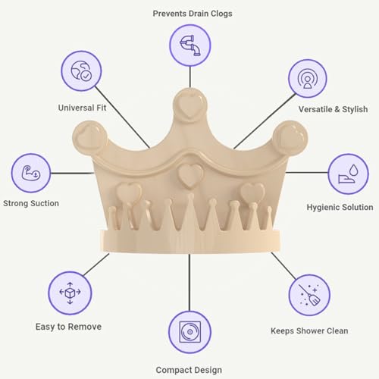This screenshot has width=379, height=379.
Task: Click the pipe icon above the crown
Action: (190, 45)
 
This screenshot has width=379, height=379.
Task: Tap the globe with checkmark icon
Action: (81, 70)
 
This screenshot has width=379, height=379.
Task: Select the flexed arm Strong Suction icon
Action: (31, 173)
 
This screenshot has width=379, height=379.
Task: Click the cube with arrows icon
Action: (70, 293)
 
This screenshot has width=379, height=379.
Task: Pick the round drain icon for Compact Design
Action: (189, 332)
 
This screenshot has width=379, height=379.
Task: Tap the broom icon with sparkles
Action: (309, 295)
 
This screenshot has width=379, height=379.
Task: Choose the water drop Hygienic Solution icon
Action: (348, 174)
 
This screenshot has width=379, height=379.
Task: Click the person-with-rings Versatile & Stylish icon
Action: (307, 78)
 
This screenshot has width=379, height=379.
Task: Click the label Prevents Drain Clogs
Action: (193, 14)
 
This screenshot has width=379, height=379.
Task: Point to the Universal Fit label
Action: (82, 108)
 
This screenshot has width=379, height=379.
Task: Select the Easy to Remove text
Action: (68, 327)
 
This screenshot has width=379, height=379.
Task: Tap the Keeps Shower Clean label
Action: (309, 330)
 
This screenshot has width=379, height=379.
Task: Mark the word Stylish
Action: (355, 109)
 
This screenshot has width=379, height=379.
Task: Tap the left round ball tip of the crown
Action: (89, 138)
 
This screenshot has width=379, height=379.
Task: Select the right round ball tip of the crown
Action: (290, 138)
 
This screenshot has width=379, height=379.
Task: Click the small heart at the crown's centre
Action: (190, 175)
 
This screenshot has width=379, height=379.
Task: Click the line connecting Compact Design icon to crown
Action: (189, 283)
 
